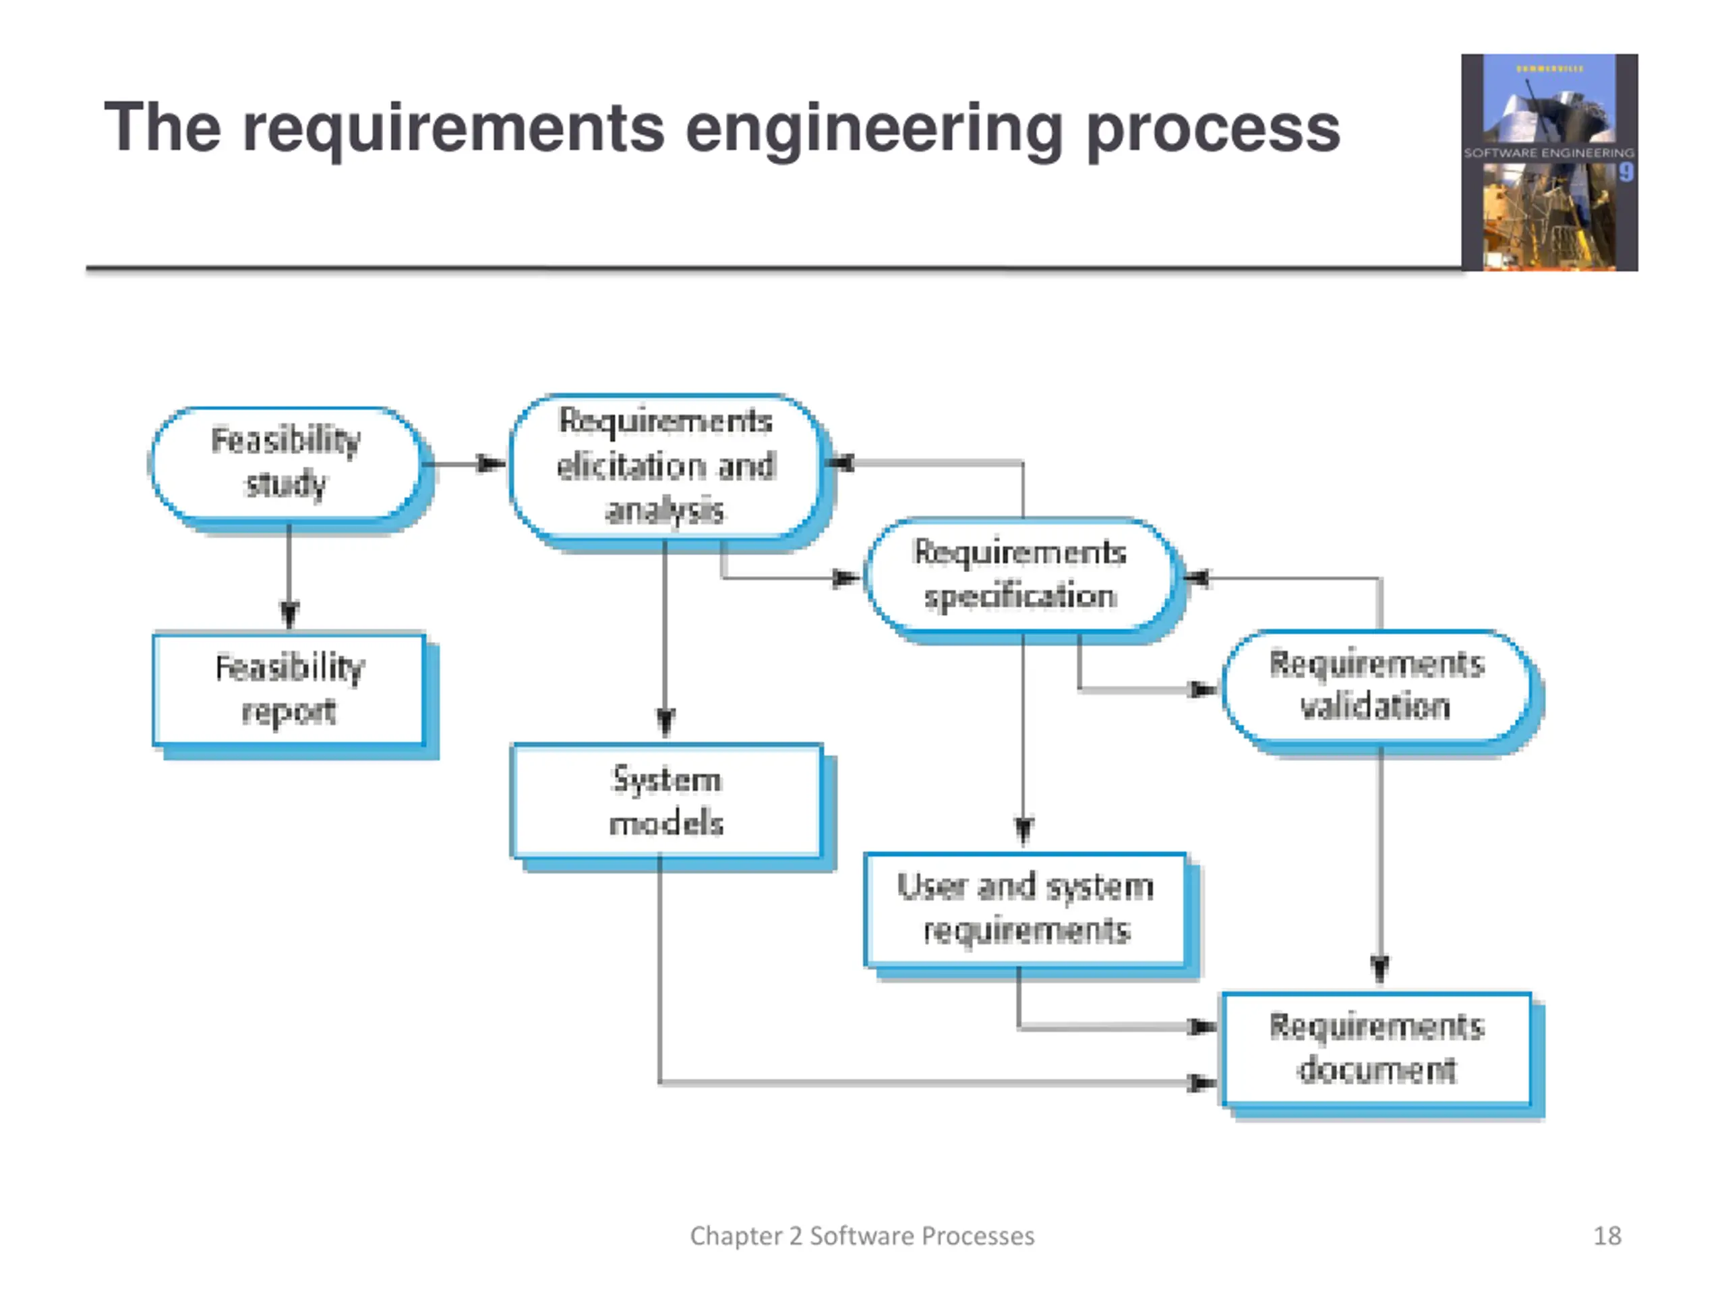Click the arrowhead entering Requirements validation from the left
tap(1202, 689)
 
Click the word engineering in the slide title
tap(874, 129)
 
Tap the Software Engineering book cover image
tap(1549, 163)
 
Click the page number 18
tap(1607, 1236)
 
